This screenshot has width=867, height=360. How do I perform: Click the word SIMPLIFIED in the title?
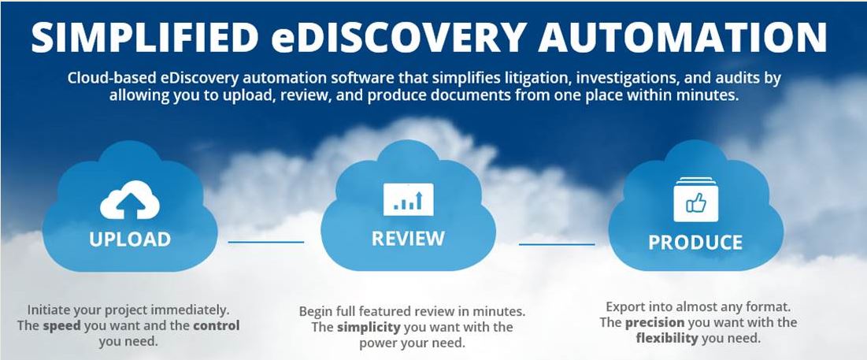click(145, 38)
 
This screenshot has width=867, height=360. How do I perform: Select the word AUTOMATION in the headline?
click(682, 38)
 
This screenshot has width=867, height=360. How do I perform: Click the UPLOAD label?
click(130, 239)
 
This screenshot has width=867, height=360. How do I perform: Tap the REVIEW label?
click(408, 239)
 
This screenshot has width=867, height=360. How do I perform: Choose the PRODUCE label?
click(695, 242)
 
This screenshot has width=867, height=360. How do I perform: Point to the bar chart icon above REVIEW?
click(409, 199)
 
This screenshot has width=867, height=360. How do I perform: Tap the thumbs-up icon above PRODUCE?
click(695, 199)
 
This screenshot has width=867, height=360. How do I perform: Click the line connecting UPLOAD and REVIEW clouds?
click(266, 242)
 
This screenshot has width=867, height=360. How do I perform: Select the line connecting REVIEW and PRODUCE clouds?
click(557, 244)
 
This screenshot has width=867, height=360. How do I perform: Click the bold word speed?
click(61, 325)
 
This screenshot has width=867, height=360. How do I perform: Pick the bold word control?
click(217, 325)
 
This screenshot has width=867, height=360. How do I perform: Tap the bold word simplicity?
click(369, 327)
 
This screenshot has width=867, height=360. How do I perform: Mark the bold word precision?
click(654, 322)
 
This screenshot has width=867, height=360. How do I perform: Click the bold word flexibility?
click(667, 338)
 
